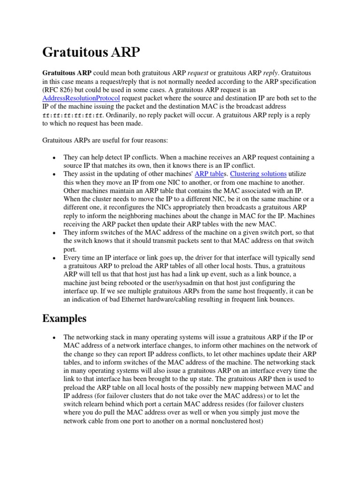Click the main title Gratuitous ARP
click(x=91, y=52)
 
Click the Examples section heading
click(x=64, y=318)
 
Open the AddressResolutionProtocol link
click(x=81, y=98)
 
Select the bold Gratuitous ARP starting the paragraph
click(x=67, y=73)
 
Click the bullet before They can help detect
click(x=55, y=157)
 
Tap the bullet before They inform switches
click(x=55, y=233)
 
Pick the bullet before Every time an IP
click(x=55, y=258)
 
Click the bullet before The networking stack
click(x=55, y=337)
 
